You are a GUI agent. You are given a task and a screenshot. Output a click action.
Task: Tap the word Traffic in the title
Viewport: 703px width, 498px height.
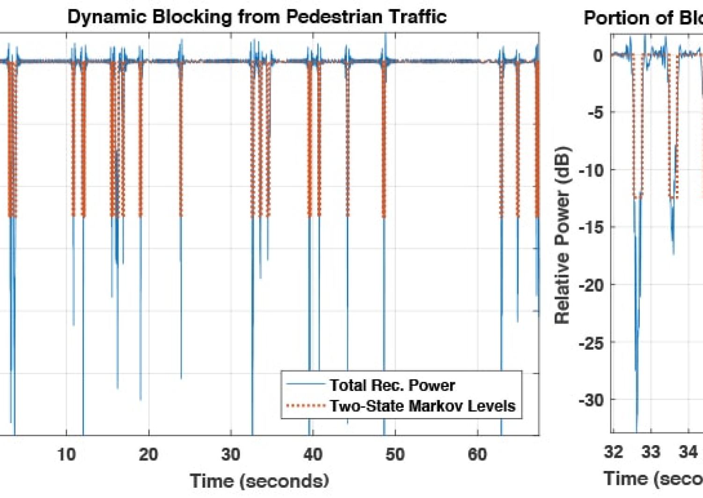click(416, 17)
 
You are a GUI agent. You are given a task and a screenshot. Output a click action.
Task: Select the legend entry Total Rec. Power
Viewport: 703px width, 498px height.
click(392, 385)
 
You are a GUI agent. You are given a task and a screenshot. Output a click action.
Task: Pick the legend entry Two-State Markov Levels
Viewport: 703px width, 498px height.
click(422, 406)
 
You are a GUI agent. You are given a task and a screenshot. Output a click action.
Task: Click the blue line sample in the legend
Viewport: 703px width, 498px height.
click(306, 385)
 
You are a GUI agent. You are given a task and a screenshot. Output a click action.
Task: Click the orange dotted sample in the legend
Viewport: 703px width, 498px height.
click(306, 406)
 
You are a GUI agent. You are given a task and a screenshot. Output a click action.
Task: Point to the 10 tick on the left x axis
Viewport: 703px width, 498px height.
click(66, 454)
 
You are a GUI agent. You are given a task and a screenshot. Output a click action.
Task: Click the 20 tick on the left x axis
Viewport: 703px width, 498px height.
click(148, 454)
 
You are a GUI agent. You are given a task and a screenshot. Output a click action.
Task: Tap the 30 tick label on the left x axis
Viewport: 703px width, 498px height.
click(231, 454)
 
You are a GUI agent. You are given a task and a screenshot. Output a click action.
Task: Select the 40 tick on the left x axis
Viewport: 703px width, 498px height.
click(313, 454)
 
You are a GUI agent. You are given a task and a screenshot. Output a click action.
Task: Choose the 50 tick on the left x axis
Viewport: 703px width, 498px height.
click(395, 454)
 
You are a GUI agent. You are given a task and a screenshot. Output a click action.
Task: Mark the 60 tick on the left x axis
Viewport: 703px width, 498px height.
click(477, 454)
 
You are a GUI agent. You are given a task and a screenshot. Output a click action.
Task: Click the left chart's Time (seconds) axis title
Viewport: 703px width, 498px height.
click(259, 481)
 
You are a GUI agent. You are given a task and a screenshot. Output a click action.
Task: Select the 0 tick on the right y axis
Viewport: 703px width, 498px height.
click(598, 55)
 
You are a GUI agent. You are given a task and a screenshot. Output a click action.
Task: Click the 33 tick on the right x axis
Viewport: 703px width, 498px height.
click(651, 452)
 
